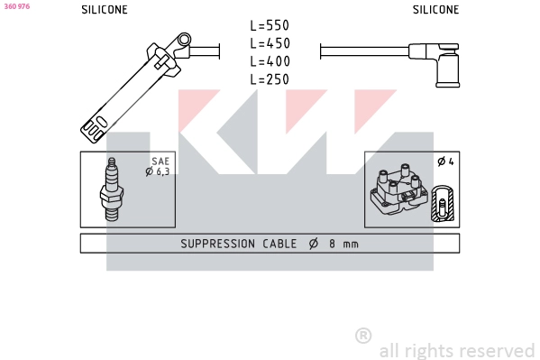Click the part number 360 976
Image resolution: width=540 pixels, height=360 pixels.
click(17, 6)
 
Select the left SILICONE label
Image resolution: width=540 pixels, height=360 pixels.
click(105, 10)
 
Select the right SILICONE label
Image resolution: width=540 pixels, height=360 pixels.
click(435, 10)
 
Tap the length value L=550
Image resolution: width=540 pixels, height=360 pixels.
click(270, 26)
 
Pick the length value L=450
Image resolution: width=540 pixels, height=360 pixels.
click(270, 44)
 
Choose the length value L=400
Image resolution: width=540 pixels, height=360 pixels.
click(270, 61)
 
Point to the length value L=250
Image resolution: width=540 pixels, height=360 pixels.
click(270, 79)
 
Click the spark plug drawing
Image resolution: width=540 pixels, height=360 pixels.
click(114, 189)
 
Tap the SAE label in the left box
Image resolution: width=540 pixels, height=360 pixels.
click(160, 162)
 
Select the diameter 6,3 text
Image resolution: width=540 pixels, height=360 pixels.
click(158, 171)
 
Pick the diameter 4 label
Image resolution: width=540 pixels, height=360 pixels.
click(444, 162)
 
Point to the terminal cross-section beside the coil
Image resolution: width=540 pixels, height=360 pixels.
click(441, 204)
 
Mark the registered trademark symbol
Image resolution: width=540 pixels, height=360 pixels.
click(363, 336)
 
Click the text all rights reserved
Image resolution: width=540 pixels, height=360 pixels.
click(457, 350)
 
